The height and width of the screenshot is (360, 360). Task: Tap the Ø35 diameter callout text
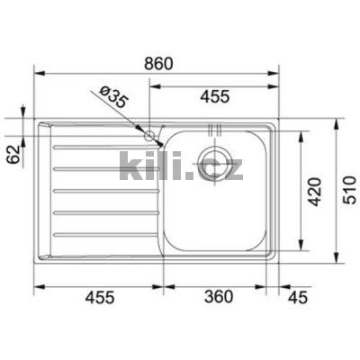112,98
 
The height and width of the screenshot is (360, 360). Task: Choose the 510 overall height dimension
346,190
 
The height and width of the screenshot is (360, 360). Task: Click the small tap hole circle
150,136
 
